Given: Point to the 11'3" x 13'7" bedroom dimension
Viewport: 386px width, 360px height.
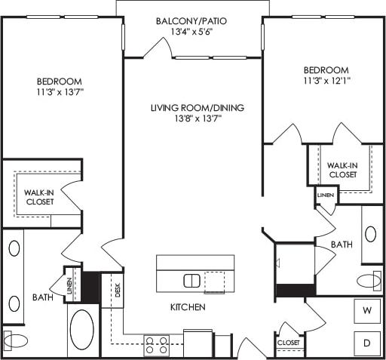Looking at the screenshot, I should (60, 93).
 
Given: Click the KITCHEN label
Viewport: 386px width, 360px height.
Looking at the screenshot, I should (188, 307).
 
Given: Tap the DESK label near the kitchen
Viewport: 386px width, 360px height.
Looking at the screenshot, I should (118, 290).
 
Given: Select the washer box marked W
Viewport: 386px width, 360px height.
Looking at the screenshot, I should (367, 311).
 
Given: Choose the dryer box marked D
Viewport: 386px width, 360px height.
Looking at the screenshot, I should (367, 343).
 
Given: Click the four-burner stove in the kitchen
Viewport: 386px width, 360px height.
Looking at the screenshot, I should (157, 345).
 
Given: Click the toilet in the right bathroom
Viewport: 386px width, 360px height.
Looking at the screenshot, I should (369, 282).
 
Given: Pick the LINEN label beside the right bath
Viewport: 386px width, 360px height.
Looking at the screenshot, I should (325, 195).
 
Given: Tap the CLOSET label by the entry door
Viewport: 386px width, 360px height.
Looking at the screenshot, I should (288, 343).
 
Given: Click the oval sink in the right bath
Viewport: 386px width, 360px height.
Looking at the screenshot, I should (371, 233).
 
